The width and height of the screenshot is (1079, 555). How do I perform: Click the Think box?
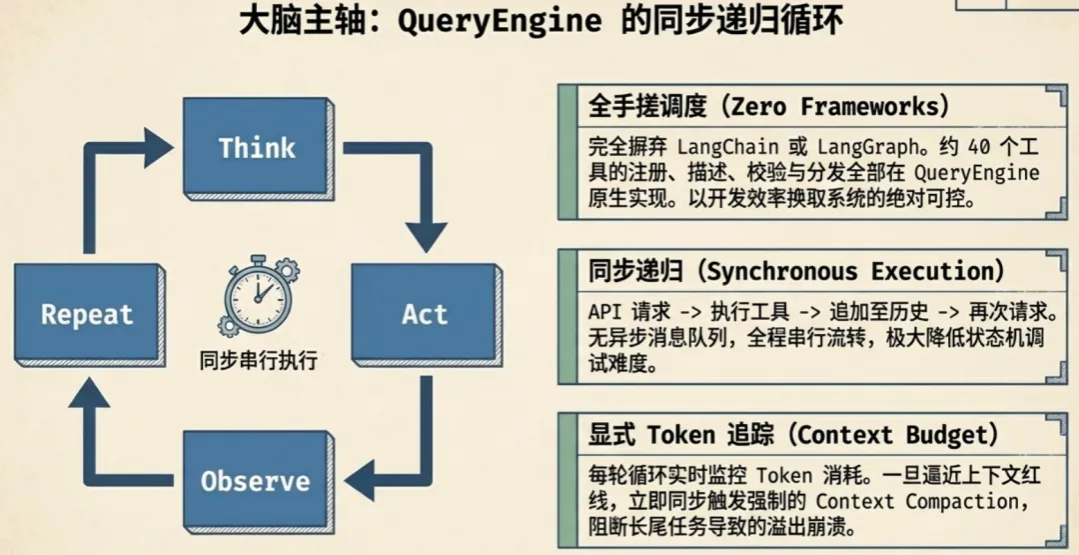tap(256, 148)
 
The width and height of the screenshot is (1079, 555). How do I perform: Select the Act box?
tap(425, 314)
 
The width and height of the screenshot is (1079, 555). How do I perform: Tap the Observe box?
tap(255, 481)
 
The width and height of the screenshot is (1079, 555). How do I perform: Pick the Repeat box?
tap(87, 315)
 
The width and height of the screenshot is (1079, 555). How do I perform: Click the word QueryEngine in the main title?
tap(499, 22)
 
